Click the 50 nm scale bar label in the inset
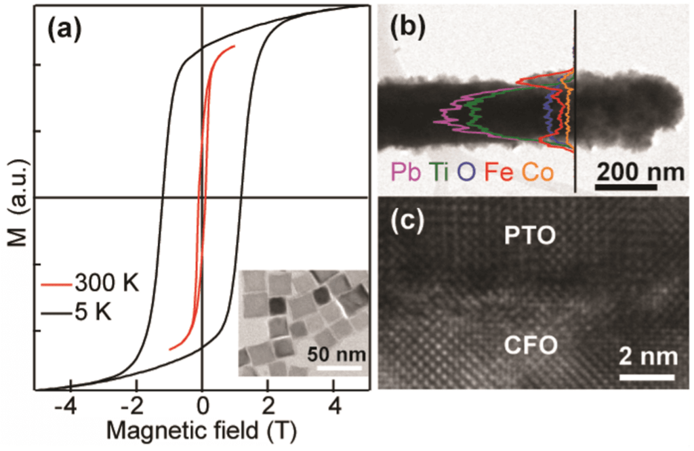tap(337, 353)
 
